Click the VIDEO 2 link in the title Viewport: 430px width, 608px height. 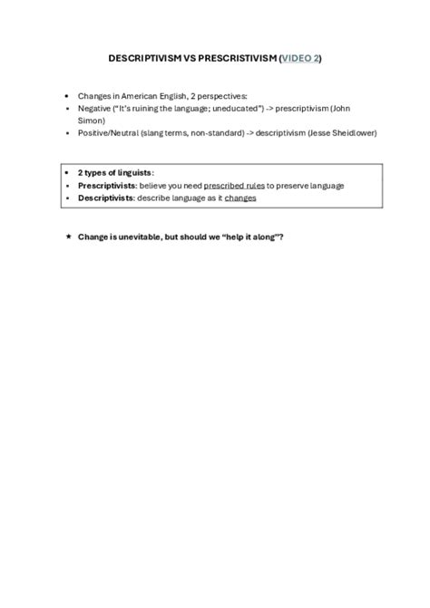pos(300,58)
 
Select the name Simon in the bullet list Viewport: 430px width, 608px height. pos(91,120)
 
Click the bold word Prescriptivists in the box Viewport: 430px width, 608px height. pos(106,186)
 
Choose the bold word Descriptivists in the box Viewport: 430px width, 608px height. pos(105,198)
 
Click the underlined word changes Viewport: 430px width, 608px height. pos(240,198)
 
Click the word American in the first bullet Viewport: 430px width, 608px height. pos(132,95)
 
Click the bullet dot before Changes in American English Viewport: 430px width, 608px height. pos(68,95)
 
